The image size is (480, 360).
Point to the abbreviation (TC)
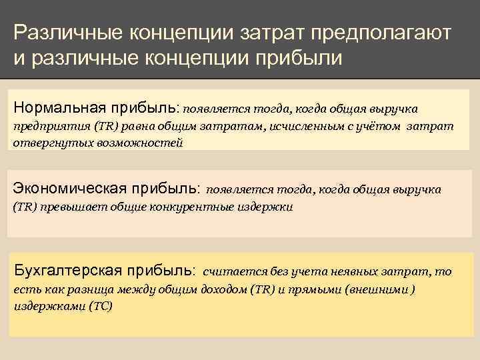(x=101, y=307)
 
